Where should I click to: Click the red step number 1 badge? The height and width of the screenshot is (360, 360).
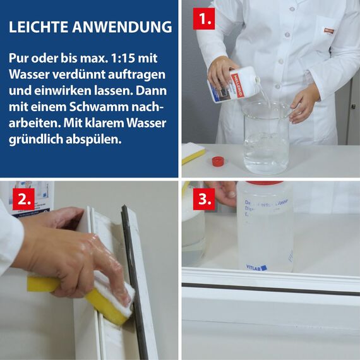pyautogui.click(x=203, y=19)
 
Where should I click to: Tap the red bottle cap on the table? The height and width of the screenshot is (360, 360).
pyautogui.click(x=218, y=161)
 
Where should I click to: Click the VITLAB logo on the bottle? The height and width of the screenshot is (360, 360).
pyautogui.click(x=256, y=267)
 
